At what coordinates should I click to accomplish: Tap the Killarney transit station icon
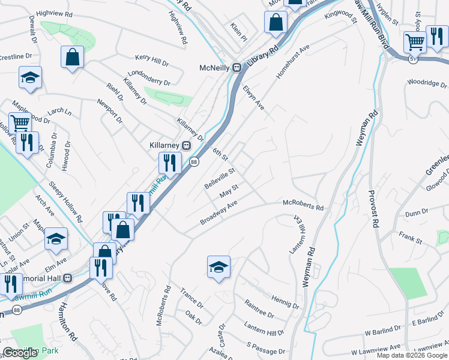point(186,145)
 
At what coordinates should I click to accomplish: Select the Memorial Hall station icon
point(68,278)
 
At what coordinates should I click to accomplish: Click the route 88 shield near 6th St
point(194,161)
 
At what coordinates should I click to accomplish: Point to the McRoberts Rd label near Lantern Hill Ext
point(303,206)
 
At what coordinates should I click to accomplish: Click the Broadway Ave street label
point(219,214)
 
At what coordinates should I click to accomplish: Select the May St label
point(229,192)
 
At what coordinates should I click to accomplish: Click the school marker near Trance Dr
point(218,266)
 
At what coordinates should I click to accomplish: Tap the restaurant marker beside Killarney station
point(170,163)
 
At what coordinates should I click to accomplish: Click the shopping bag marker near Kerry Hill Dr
point(72,58)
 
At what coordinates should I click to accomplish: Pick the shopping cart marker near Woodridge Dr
point(415,41)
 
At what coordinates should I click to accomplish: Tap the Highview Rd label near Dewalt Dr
point(54,13)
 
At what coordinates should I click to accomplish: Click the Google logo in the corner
point(20,353)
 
